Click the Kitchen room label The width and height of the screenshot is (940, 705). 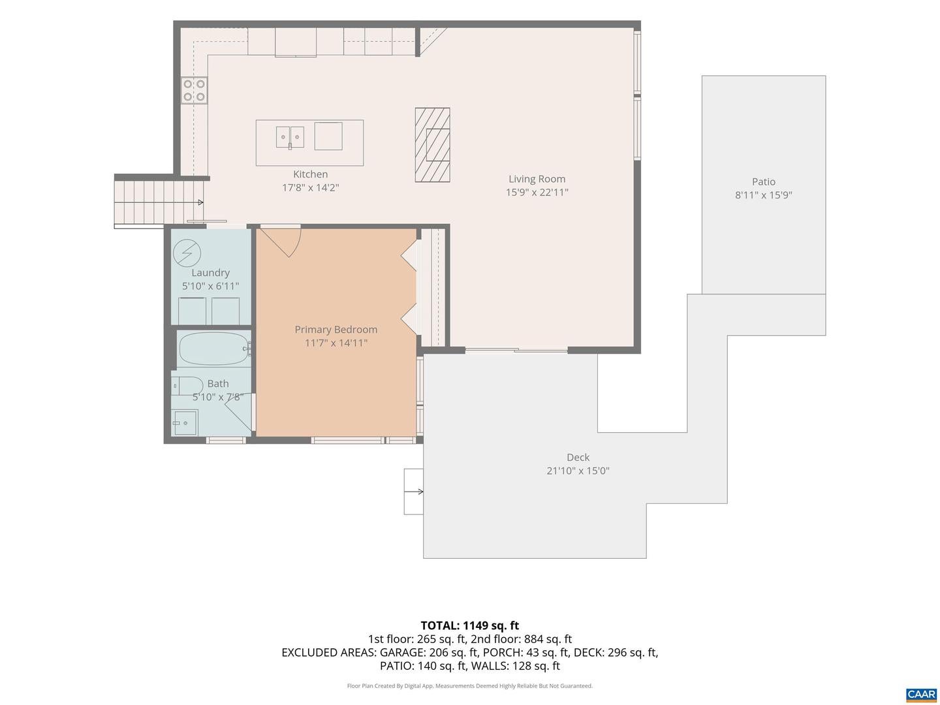310,174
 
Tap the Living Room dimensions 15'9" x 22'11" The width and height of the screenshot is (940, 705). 537,192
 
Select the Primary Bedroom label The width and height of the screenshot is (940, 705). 336,329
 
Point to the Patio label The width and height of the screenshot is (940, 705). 763,181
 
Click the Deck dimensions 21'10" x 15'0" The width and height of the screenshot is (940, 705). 578,471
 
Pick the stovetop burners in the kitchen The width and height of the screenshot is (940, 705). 194,90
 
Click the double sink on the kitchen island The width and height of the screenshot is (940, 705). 290,137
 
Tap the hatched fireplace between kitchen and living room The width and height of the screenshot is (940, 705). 432,145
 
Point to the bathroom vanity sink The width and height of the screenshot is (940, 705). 185,422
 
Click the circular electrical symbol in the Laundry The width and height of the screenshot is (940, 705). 187,253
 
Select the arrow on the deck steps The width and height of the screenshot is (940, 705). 414,492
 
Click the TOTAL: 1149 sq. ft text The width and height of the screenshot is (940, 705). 470,625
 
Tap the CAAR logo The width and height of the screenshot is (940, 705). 921,694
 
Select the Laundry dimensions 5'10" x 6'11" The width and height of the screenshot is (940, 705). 210,286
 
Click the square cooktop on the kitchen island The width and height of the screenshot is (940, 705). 328,136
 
